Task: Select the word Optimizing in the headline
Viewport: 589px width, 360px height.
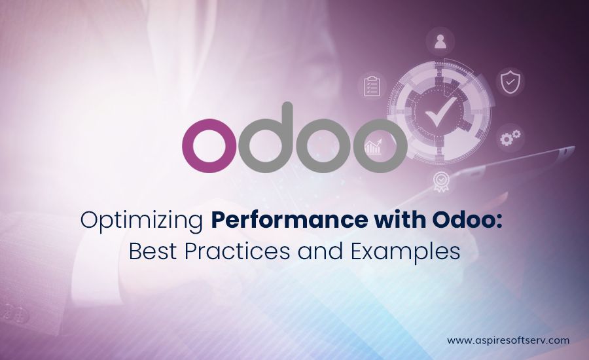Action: pos(141,221)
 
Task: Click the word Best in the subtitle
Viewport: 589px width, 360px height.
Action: pos(152,251)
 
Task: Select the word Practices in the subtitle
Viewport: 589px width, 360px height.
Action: pos(237,251)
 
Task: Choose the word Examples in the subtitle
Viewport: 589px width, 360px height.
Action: pos(406,253)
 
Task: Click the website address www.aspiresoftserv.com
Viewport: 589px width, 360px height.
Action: pos(509,340)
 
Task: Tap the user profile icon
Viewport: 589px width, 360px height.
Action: pos(440,42)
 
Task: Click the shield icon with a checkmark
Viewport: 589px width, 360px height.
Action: pos(510,81)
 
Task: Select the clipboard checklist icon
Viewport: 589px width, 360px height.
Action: pos(372,86)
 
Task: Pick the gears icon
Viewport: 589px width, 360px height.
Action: pos(510,137)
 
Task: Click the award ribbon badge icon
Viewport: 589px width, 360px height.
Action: pos(441,182)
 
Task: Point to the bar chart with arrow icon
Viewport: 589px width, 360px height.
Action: pos(374,147)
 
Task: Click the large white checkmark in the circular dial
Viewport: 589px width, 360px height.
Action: pos(440,112)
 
